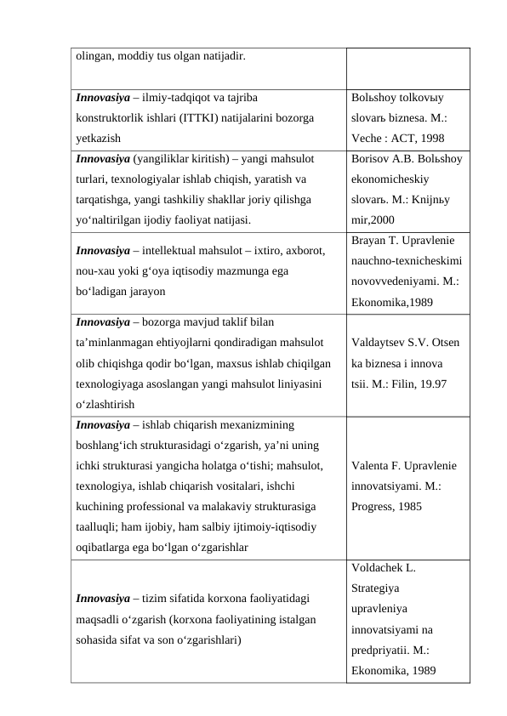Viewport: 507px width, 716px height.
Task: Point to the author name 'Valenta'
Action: (x=371, y=467)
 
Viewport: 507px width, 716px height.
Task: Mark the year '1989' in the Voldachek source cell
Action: (x=422, y=670)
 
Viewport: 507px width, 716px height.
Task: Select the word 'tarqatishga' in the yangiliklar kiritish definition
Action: (x=105, y=198)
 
